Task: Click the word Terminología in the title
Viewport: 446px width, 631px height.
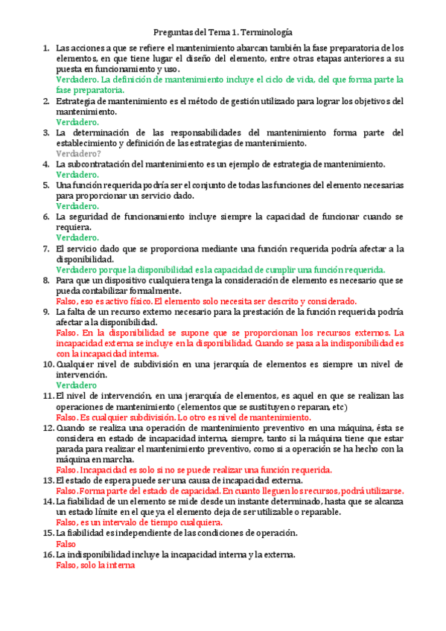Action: pyautogui.click(x=264, y=33)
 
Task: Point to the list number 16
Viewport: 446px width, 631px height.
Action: pyautogui.click(x=47, y=554)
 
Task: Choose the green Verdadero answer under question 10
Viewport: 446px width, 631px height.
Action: pyautogui.click(x=76, y=385)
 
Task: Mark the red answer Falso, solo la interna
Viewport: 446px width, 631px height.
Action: pyautogui.click(x=95, y=565)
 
